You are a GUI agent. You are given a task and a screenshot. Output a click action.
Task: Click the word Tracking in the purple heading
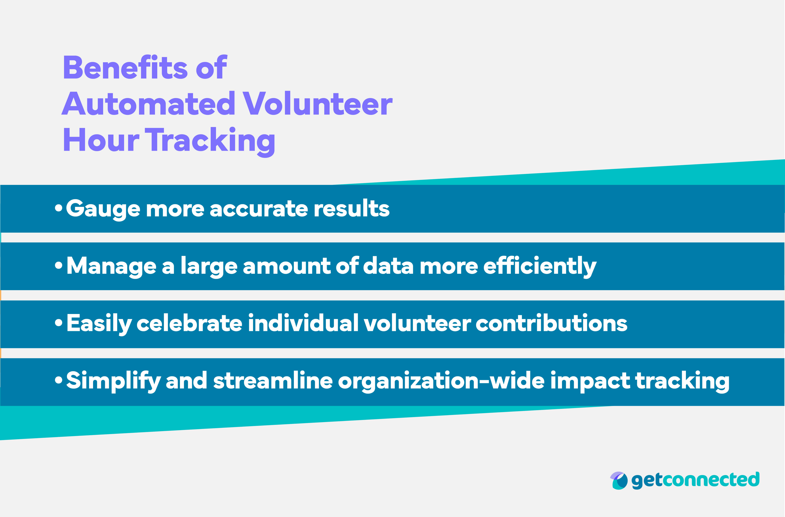coord(210,141)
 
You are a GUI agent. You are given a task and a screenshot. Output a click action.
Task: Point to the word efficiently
coord(540,266)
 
